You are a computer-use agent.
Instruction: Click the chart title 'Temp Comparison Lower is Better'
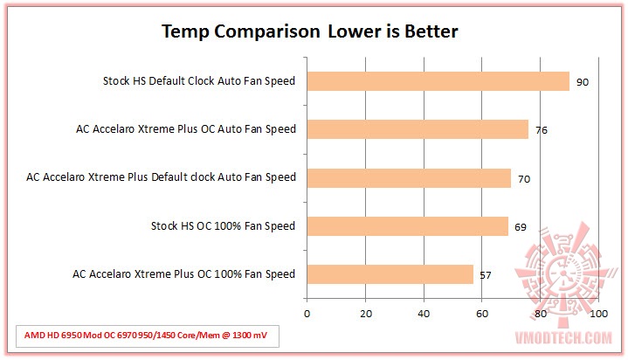pyautogui.click(x=310, y=32)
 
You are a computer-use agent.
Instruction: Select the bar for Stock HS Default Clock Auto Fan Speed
pyautogui.click(x=438, y=81)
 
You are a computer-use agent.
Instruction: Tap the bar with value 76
pyautogui.click(x=418, y=129)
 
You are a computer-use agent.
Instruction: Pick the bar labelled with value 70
pyautogui.click(x=409, y=177)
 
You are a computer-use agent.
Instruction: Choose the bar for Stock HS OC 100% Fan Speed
pyautogui.click(x=407, y=226)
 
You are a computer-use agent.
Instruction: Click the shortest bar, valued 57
pyautogui.click(x=390, y=274)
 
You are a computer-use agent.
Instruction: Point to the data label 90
pyautogui.click(x=582, y=83)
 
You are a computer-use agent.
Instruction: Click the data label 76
pyautogui.click(x=542, y=131)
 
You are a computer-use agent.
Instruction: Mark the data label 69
pyautogui.click(x=521, y=227)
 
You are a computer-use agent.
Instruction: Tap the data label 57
pyautogui.click(x=486, y=276)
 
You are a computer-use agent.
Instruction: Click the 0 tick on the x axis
pyautogui.click(x=307, y=313)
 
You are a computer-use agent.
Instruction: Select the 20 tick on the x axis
pyautogui.click(x=365, y=313)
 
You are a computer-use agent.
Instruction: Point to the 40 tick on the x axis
pyautogui.click(x=424, y=313)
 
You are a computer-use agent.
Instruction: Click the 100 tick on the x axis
pyautogui.click(x=598, y=313)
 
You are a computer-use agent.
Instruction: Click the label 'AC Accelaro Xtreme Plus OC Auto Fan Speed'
pyautogui.click(x=186, y=129)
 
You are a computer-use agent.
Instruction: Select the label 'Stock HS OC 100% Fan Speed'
pyautogui.click(x=224, y=226)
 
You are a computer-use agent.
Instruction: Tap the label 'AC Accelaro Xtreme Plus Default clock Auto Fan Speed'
pyautogui.click(x=162, y=177)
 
